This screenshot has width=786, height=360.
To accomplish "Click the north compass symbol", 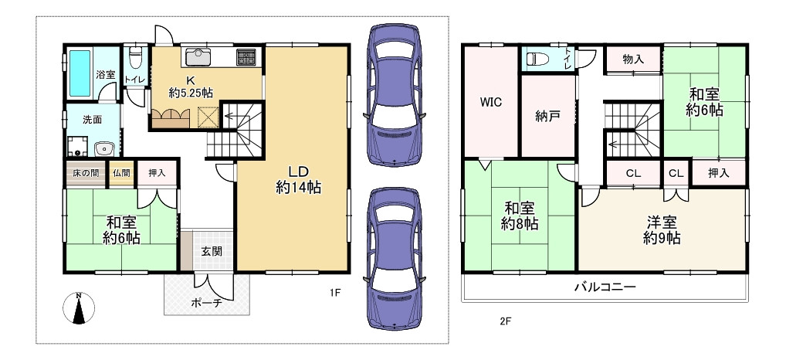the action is coord(79,308).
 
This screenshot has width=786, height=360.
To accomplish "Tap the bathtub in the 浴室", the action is coord(80,73).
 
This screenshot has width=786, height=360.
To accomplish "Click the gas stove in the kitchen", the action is coord(246,56).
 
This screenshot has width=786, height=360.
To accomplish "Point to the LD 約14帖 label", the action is coord(298,179).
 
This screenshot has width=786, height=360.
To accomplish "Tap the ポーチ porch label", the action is coord(206,302).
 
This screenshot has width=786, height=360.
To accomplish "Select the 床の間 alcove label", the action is coord(86,173).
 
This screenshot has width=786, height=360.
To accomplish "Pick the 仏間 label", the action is coord(121,173).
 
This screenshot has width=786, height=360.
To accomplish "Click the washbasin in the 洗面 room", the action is coord(105,148).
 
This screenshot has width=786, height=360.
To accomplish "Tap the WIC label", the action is coord(491,102).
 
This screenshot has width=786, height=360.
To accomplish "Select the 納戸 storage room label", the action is coord(547,117).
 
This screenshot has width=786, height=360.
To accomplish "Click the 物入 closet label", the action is coord(634,59).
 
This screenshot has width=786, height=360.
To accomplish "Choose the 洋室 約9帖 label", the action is coord(662,229).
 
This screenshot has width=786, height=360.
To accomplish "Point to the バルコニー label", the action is coord(605,287).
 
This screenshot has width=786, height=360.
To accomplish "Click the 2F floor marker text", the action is coord(505,321).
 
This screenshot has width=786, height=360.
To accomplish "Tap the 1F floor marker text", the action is coord(335,293).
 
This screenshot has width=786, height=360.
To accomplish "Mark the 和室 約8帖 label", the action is coord(520,216).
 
